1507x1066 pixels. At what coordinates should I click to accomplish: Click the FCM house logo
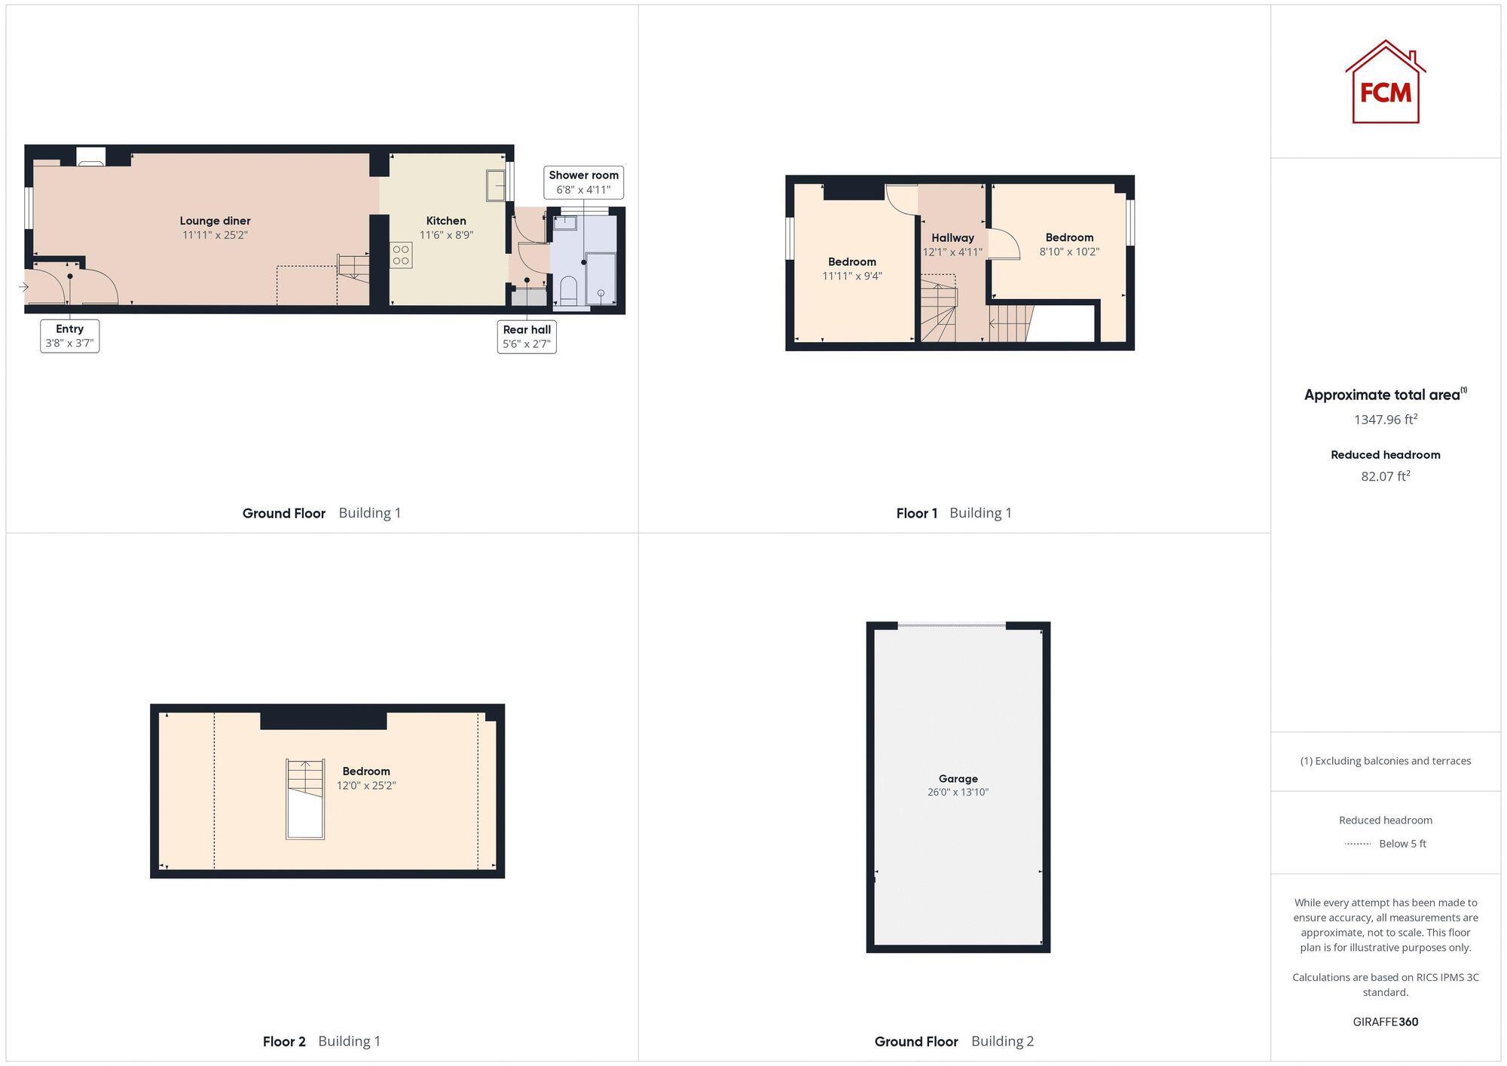1385,82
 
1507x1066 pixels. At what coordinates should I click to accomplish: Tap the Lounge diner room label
215,221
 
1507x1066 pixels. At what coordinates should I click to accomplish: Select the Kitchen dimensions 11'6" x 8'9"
446,235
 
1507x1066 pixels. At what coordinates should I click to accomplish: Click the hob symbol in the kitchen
401,255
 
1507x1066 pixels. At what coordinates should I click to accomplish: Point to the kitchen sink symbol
495,185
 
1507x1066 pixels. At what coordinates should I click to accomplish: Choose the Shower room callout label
583,182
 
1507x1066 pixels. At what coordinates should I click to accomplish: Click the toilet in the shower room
569,289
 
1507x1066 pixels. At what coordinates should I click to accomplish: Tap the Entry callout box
69,336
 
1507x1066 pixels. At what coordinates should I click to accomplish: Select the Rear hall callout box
527,337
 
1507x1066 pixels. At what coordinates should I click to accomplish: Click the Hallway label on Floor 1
952,238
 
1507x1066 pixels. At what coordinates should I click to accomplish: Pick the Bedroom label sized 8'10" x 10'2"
1069,238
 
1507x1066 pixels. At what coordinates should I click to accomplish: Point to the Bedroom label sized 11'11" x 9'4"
851,262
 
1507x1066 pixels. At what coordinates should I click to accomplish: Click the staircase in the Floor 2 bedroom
305,799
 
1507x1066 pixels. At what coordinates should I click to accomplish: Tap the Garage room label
958,779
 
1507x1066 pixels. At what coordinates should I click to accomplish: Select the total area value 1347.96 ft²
1385,420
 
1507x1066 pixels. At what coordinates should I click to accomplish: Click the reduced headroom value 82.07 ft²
1385,476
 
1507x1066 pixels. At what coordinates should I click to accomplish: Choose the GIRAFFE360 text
1385,1022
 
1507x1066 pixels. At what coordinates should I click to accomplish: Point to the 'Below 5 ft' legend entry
1402,844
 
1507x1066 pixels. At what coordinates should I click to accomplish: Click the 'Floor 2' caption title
284,1041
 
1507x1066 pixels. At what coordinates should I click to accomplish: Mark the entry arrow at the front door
23,287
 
